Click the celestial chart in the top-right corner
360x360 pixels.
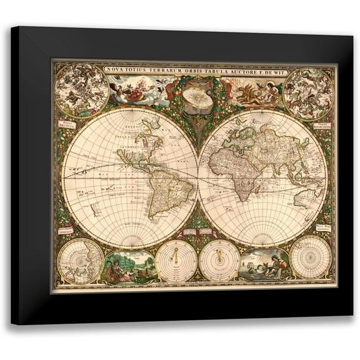click(307, 93)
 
